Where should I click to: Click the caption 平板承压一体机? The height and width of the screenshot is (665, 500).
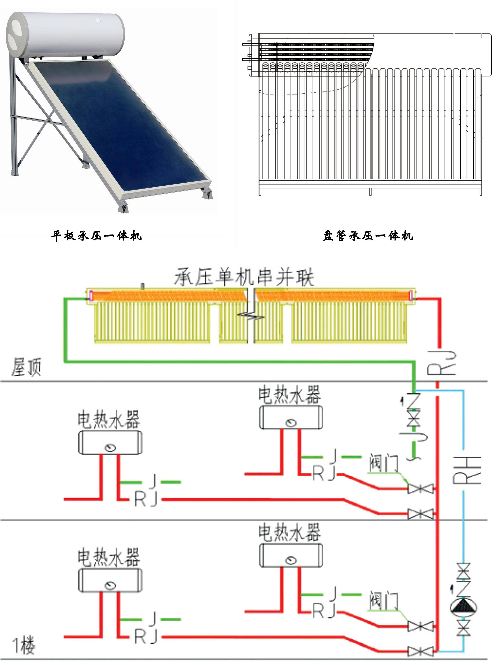[x=96, y=235]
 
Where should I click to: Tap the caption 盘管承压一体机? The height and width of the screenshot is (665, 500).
[x=368, y=235]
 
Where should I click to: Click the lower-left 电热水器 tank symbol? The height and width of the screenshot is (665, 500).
[x=110, y=580]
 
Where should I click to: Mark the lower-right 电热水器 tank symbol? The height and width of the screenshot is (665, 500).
[x=291, y=555]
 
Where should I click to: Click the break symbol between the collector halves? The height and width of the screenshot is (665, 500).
[x=251, y=316]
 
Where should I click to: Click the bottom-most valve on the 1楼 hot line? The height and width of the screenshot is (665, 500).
[x=420, y=652]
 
